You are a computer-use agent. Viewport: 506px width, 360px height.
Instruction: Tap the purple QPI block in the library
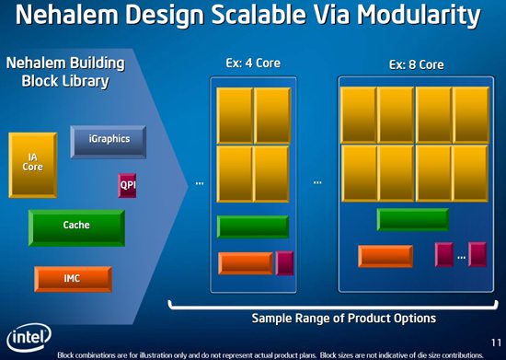coord(127,184)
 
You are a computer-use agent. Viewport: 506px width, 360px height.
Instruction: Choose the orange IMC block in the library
coord(73,278)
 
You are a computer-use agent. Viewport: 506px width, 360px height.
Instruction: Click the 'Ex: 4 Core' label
coord(252,64)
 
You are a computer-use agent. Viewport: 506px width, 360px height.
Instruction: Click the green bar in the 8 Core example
coord(413,219)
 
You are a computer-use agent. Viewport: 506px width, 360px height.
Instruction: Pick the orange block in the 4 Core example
coord(246,262)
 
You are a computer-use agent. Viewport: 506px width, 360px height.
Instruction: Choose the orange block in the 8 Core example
coord(385,256)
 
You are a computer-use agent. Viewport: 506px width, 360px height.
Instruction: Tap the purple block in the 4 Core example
coord(283,261)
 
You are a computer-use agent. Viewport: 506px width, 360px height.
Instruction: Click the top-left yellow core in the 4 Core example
coord(235,113)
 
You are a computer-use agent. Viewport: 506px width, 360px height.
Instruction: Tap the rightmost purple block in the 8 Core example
coord(477,254)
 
